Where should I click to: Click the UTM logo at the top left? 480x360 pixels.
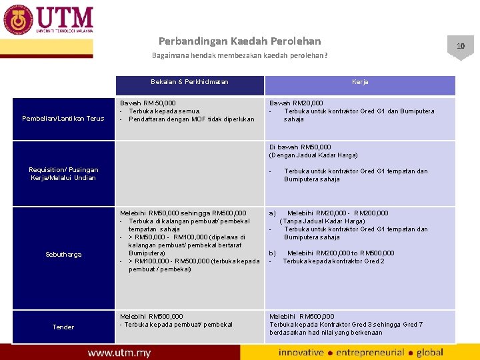tap(48, 20)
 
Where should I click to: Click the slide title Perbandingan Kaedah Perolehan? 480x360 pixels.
tap(239, 41)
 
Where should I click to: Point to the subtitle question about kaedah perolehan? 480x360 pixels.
tap(239, 55)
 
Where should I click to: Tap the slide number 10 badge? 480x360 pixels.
tap(460, 46)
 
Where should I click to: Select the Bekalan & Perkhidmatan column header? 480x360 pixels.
tap(189, 82)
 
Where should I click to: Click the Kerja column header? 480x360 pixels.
tap(360, 82)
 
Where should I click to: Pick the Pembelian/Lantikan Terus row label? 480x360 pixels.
tap(63, 119)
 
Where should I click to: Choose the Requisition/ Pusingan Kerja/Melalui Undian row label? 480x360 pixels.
tap(63, 174)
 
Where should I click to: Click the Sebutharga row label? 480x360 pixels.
tap(63, 255)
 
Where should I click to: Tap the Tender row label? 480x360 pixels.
tap(63, 327)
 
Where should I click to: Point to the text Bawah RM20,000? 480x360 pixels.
tap(296, 103)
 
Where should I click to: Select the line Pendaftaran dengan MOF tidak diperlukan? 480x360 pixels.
tap(191, 119)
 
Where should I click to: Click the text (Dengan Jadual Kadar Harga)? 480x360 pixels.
tap(313, 155)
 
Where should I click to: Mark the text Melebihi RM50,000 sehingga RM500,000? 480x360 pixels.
tap(183, 213)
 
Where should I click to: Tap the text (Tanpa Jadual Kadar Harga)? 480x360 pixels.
tap(322, 221)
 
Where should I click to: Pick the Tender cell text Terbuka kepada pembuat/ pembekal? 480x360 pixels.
tap(176, 325)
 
